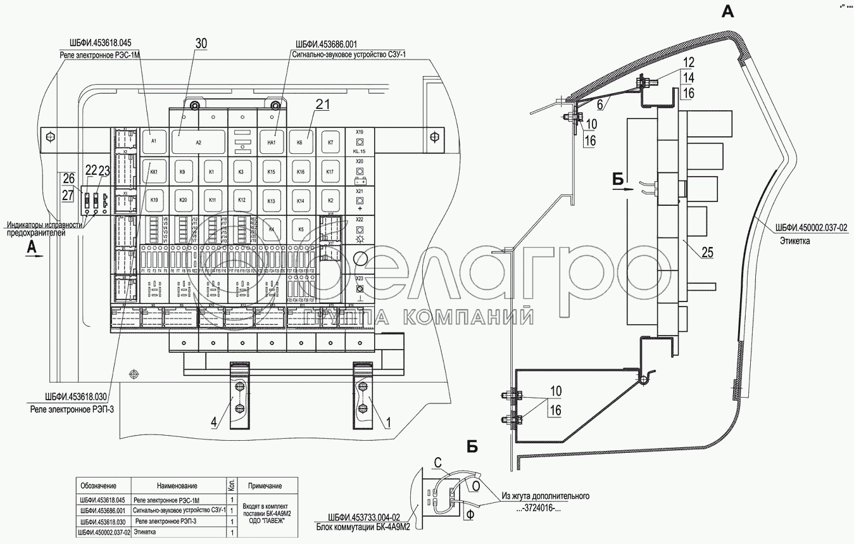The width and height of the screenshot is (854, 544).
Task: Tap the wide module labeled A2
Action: [x=198, y=142]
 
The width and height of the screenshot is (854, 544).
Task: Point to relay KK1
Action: [x=154, y=172]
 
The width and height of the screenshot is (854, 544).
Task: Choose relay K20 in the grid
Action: [x=183, y=200]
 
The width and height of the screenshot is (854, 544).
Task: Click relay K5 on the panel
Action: [x=301, y=229]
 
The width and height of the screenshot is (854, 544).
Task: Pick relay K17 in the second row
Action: [x=329, y=172]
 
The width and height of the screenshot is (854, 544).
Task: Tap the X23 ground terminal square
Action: [x=359, y=288]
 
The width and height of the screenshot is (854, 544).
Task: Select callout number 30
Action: [x=201, y=43]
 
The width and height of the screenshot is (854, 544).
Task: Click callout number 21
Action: [x=323, y=105]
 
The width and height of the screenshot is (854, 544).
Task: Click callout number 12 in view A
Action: [x=688, y=63]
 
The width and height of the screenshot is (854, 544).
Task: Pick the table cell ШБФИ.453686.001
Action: [x=102, y=510]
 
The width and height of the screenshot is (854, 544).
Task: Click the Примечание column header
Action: [x=265, y=486]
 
